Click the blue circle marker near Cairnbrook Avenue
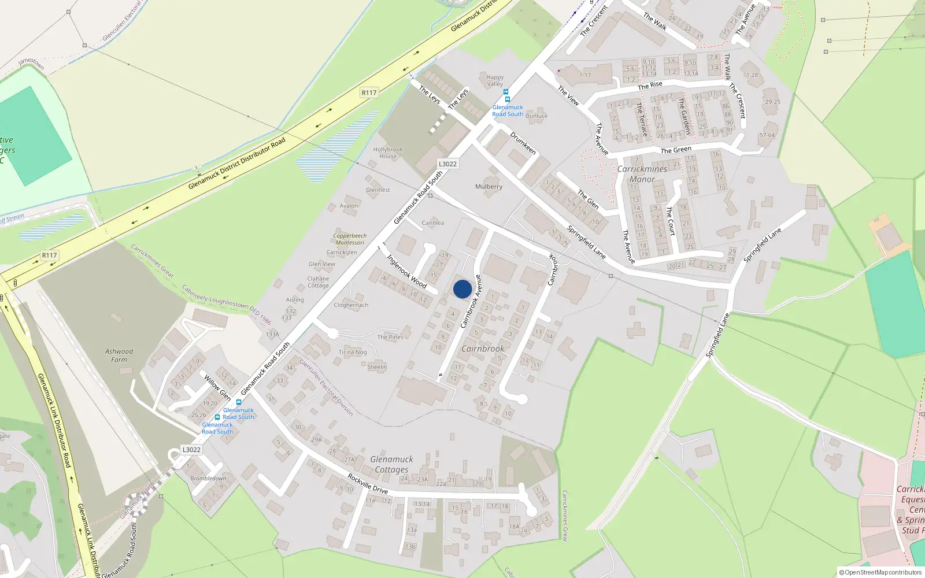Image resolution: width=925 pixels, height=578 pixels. (x=462, y=289)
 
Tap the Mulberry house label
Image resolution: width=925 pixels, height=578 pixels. (x=489, y=187)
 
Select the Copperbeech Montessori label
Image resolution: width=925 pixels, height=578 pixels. (x=350, y=239)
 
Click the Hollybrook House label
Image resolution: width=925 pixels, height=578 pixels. (x=388, y=153)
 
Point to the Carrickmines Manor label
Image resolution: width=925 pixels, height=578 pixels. (x=642, y=174)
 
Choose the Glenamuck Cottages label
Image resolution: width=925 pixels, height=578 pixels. (x=391, y=464)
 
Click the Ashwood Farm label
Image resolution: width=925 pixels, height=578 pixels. (x=119, y=355)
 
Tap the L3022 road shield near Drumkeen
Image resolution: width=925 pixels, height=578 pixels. (x=447, y=164)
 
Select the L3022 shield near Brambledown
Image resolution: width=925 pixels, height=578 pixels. (x=191, y=450)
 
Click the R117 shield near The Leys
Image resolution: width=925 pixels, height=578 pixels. (x=369, y=92)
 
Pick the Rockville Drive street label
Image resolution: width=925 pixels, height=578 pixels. (x=368, y=483)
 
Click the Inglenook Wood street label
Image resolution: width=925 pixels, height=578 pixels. (x=406, y=271)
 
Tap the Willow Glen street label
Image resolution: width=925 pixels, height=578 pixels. (x=217, y=387)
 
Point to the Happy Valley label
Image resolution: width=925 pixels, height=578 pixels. (x=495, y=80)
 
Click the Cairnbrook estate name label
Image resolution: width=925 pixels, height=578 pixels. (x=483, y=349)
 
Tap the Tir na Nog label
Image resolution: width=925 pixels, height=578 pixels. (x=353, y=352)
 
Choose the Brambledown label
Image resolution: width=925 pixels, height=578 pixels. (x=208, y=478)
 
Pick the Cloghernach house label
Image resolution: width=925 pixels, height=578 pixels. (x=351, y=305)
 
